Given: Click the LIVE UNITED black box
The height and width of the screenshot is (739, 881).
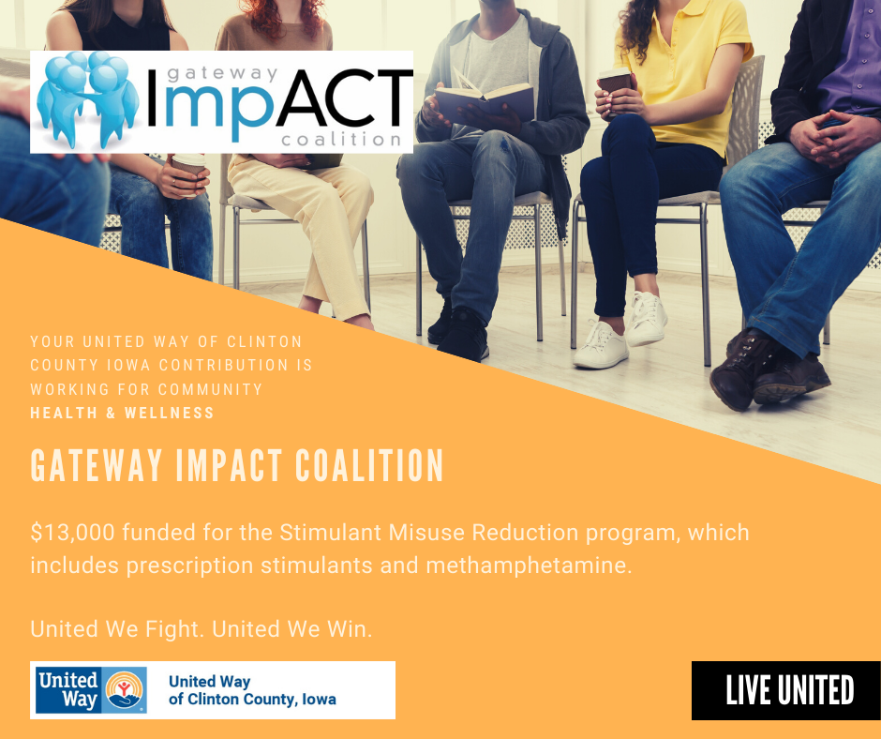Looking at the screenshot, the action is point(786,690).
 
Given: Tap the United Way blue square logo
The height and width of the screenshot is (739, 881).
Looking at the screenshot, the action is point(91,690).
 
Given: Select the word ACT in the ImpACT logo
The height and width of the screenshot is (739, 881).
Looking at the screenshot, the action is point(344,99).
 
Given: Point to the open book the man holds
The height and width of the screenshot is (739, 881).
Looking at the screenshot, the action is point(485,98).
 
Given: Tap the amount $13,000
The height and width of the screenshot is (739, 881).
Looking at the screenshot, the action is point(72,533).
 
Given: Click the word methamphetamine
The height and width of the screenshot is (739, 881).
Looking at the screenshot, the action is point(529,566).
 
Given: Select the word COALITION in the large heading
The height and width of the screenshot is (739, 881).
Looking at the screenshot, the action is point(369,465).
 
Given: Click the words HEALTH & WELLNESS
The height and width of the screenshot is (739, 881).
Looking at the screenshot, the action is point(122,413).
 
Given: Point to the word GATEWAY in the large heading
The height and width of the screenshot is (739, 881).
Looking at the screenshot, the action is point(97,465).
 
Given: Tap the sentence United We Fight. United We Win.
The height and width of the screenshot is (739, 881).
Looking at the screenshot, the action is point(202,628).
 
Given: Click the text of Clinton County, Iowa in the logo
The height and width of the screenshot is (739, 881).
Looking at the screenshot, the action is point(252,699).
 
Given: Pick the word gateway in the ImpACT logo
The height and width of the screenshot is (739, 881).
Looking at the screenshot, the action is point(222,74).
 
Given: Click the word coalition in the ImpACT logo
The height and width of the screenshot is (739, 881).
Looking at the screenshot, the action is point(341,139).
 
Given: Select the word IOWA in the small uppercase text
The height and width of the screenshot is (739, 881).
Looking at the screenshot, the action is point(128,365).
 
